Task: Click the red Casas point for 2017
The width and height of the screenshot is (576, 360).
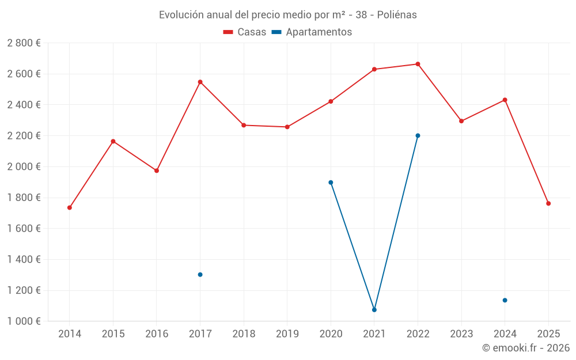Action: click(x=200, y=82)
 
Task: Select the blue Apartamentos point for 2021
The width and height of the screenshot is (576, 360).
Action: click(x=374, y=310)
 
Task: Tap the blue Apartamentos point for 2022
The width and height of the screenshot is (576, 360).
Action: click(x=418, y=136)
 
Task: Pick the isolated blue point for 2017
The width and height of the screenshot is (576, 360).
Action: click(x=200, y=275)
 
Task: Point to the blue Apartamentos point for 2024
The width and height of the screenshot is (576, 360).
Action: click(x=505, y=300)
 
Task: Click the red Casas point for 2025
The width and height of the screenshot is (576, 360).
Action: click(x=548, y=203)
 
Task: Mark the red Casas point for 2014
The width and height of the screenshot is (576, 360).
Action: click(x=70, y=207)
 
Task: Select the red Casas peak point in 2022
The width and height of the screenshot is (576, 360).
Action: click(x=418, y=64)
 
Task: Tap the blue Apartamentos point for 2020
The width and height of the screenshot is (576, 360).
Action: click(x=331, y=183)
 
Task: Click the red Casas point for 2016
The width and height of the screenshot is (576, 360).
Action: click(x=157, y=170)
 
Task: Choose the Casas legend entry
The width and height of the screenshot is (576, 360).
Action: click(x=245, y=32)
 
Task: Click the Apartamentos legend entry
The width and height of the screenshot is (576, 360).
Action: click(x=312, y=32)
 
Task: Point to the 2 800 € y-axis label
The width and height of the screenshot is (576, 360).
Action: click(x=24, y=43)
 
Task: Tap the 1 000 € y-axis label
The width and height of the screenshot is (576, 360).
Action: click(x=24, y=321)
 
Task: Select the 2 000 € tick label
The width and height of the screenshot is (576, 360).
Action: click(x=24, y=167)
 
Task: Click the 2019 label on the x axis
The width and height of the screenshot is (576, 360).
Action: click(x=287, y=334)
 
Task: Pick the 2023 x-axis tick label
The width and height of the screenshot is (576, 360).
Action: click(x=461, y=334)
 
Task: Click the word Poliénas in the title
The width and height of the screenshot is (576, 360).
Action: click(x=397, y=15)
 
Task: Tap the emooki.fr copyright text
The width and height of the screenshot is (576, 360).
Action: click(x=526, y=348)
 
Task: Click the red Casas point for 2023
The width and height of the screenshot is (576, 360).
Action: click(x=461, y=121)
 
